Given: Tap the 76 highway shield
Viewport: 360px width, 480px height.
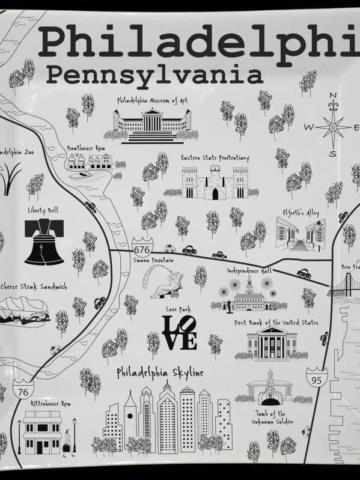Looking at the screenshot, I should point(23,391).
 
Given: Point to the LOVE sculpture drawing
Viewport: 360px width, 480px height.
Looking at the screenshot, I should point(180,333).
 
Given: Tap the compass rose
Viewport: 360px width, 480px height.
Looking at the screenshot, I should point(332,127).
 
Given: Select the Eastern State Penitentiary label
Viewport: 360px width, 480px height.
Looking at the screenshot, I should point(215,158).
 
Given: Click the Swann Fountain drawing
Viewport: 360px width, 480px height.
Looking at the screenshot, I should point(162,282).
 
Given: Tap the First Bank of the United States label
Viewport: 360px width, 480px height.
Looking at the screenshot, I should point(276,323).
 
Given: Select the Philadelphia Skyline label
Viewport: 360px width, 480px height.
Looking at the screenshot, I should point(160,373).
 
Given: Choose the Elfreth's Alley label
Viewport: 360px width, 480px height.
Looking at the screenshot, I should point(301,213).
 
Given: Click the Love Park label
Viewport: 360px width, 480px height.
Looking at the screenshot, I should point(178,309).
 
